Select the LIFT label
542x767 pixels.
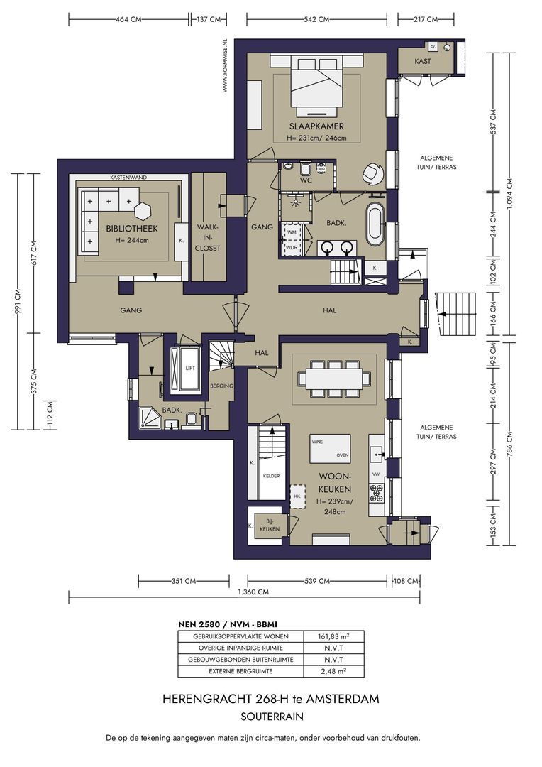[189, 369]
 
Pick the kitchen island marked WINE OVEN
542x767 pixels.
[331, 448]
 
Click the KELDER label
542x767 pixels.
[271, 476]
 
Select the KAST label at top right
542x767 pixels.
[423, 61]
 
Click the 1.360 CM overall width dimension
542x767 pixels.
[253, 592]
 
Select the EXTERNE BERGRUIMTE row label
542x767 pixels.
[239, 671]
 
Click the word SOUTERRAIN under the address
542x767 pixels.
[270, 716]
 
